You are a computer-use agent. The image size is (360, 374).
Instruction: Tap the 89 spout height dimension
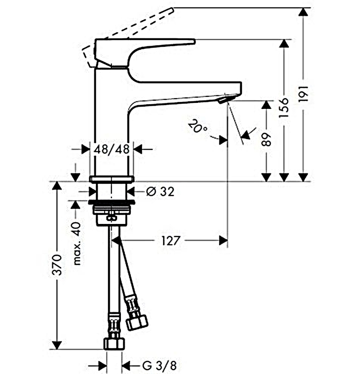click(x=266, y=140)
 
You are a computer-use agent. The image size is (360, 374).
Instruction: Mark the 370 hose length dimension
click(x=57, y=266)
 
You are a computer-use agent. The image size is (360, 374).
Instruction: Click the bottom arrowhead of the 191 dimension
click(x=304, y=177)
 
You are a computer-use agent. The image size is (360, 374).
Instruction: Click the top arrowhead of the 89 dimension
click(x=266, y=104)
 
